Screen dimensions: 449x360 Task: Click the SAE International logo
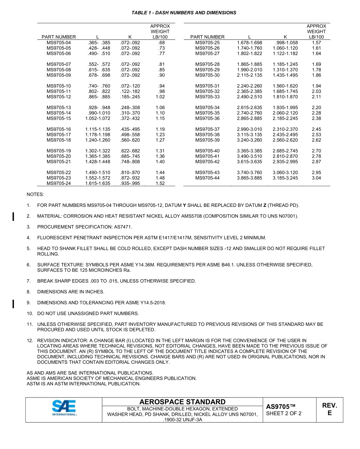pos(64,409)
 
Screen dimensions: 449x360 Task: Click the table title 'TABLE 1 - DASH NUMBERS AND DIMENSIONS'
pos(184,13)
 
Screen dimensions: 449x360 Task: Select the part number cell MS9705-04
pos(59,43)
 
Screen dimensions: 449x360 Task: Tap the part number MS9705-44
pos(207,178)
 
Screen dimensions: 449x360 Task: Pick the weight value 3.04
pos(316,178)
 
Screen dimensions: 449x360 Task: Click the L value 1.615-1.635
pos(98,183)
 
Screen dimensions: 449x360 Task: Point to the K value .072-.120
pos(130,86)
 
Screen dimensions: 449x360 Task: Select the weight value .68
pos(162,43)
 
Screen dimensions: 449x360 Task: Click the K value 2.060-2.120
pos(285,113)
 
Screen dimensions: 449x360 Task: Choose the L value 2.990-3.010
pos(249,129)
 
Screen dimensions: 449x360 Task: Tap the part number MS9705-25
pos(207,43)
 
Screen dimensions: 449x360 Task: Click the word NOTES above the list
pos(35,194)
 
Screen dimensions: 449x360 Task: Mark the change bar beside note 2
pos(13,216)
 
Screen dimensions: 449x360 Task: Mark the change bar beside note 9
pos(13,303)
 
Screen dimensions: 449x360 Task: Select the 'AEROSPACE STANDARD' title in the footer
pos(182,402)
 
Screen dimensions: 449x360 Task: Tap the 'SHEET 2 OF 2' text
pos(284,413)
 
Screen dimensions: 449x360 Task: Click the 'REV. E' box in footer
pos(329,409)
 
